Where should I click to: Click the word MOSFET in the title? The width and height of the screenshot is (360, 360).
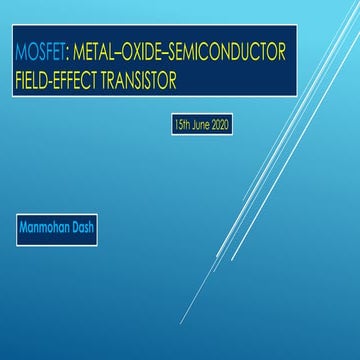point(36,49)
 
